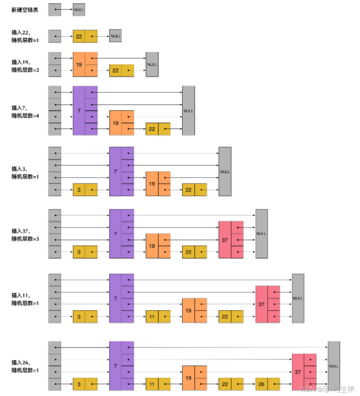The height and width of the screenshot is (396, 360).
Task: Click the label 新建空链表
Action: (25, 10)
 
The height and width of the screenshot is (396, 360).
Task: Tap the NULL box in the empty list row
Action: (79, 10)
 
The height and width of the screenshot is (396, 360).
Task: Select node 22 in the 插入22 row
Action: (85, 36)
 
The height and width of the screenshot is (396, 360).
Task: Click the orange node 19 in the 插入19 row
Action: (85, 64)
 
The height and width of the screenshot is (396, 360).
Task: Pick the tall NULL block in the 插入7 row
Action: (188, 110)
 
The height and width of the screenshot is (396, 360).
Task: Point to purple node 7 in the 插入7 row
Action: (85, 110)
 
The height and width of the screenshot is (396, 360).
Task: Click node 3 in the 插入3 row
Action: (85, 190)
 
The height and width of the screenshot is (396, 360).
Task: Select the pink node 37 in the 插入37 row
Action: (231, 240)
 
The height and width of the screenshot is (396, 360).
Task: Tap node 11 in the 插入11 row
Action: (158, 317)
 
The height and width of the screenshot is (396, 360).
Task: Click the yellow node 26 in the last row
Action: (268, 384)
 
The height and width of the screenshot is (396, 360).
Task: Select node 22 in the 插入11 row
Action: (231, 317)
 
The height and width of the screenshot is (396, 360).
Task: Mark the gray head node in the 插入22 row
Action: (55, 36)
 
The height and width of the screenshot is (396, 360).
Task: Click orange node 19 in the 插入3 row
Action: (158, 183)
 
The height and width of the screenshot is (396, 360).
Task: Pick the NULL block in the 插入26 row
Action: (334, 366)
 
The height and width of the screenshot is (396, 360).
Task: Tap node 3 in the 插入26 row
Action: (85, 384)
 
